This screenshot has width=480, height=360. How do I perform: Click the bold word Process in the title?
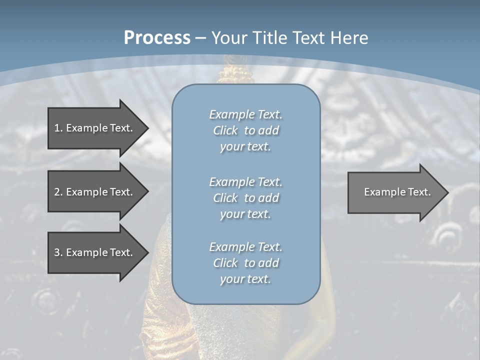pos(157,38)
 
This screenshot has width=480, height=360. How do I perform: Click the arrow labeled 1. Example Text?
pos(93,128)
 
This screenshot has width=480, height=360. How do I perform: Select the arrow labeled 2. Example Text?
pos(93,192)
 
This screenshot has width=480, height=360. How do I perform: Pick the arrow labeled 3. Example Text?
pos(93,252)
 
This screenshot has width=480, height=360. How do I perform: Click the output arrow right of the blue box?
pos(397,192)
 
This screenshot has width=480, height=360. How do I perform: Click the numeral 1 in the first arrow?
pos(57,128)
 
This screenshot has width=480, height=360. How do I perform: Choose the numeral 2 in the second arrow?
pos(57,192)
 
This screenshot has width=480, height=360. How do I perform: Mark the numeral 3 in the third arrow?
pos(57,252)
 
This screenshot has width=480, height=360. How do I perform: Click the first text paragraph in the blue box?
pos(245,130)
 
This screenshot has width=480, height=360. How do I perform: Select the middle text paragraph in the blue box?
pos(245,198)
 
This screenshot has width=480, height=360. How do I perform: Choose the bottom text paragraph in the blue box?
pos(245,263)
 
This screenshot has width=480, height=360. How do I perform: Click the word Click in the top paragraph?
pos(225,130)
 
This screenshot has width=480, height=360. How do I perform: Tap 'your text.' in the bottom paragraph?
pos(245,279)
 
